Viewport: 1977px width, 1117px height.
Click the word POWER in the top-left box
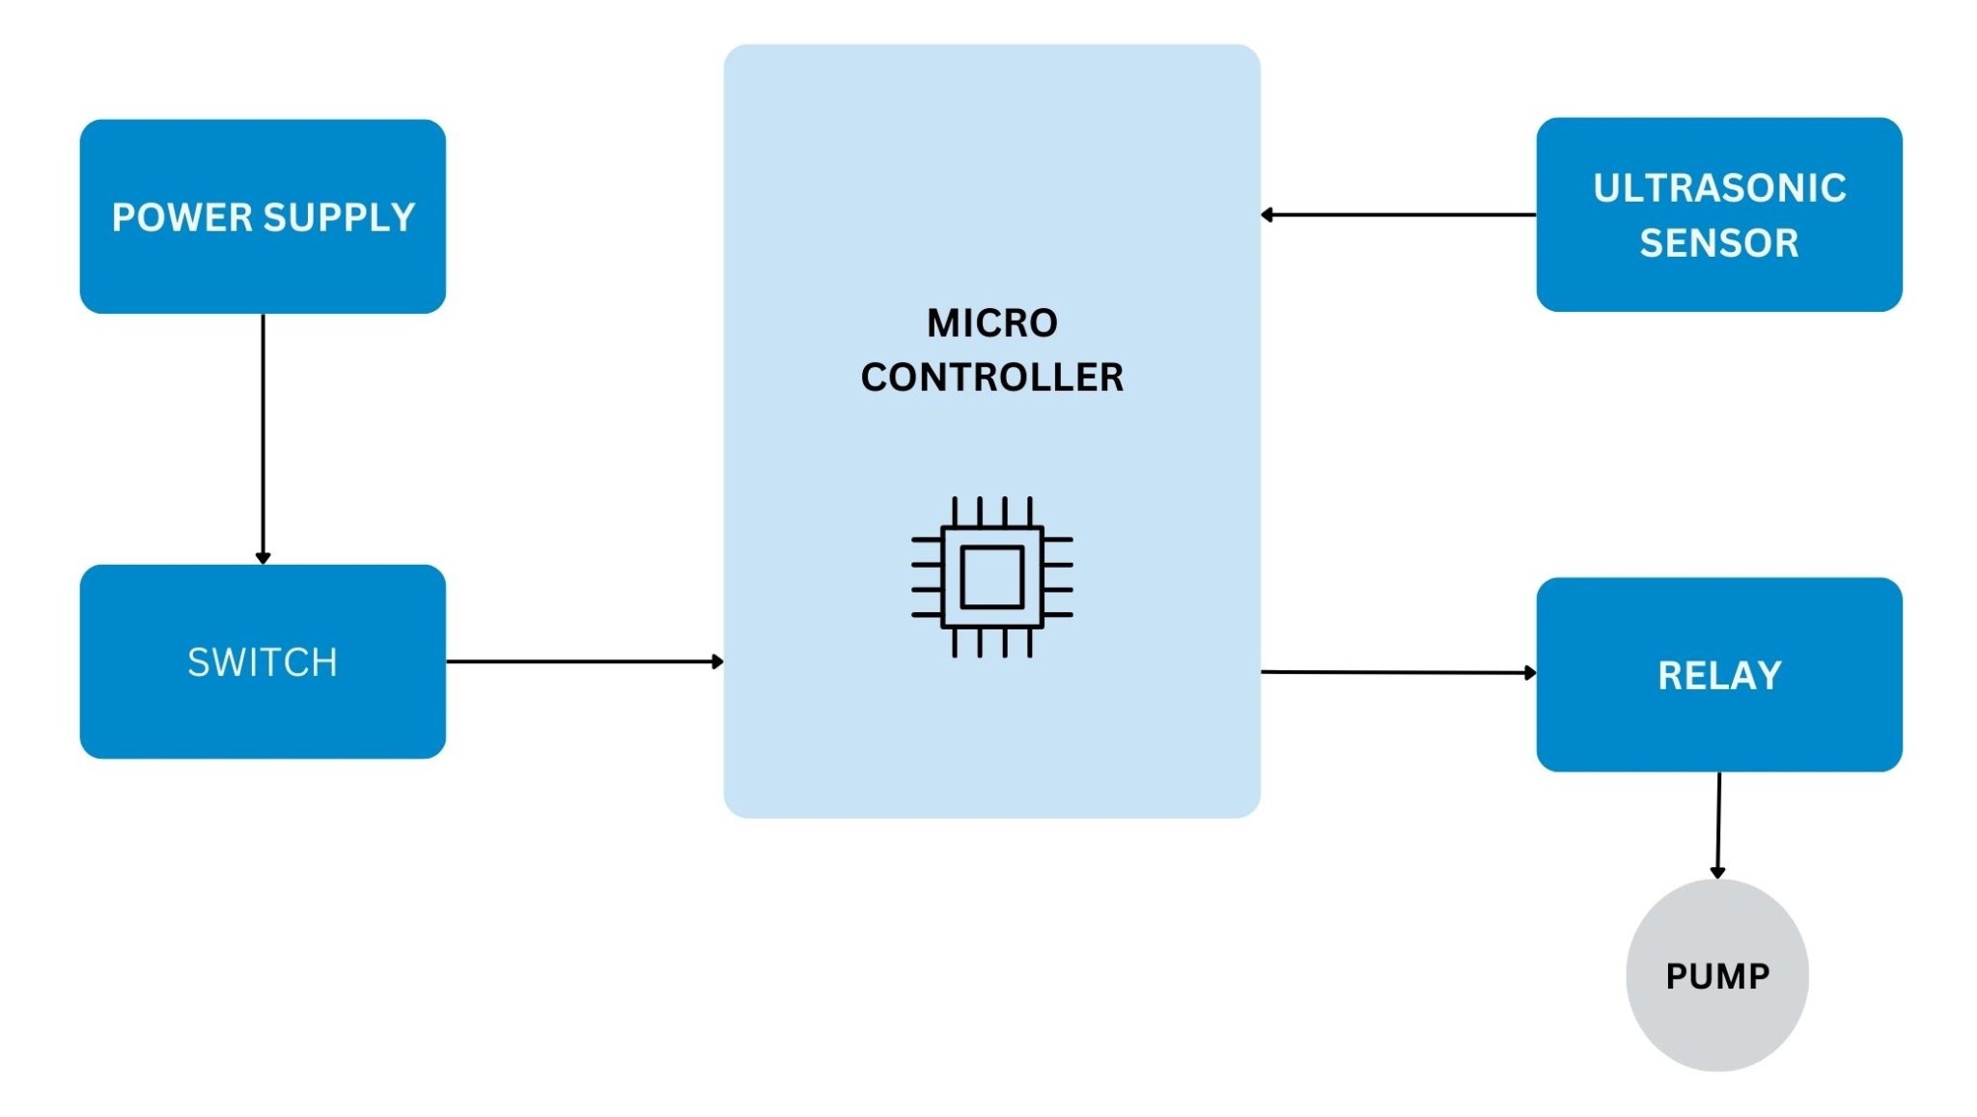(x=181, y=217)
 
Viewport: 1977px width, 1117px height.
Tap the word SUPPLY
(x=339, y=217)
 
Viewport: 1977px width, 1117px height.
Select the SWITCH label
(x=263, y=662)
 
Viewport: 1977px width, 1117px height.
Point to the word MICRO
(x=992, y=323)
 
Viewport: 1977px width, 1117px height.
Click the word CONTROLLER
(x=992, y=377)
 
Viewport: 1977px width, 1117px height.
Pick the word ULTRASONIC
(x=1719, y=188)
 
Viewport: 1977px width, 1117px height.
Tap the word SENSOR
(x=1719, y=243)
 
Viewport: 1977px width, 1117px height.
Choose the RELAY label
(x=1719, y=676)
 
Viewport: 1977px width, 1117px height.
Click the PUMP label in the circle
(x=1717, y=976)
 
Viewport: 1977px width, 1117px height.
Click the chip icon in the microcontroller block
(x=992, y=576)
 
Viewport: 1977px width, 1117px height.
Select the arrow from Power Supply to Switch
(x=263, y=434)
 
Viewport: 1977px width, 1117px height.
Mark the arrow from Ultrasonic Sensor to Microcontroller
(x=1400, y=214)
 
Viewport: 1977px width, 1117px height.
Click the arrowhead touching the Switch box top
(x=263, y=558)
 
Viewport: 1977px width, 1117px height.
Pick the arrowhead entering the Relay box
(x=1530, y=673)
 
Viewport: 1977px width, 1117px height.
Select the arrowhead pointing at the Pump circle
(x=1717, y=873)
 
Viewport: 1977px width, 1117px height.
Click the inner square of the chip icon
(x=992, y=576)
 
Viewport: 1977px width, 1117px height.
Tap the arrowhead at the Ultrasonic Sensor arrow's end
(x=1267, y=214)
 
